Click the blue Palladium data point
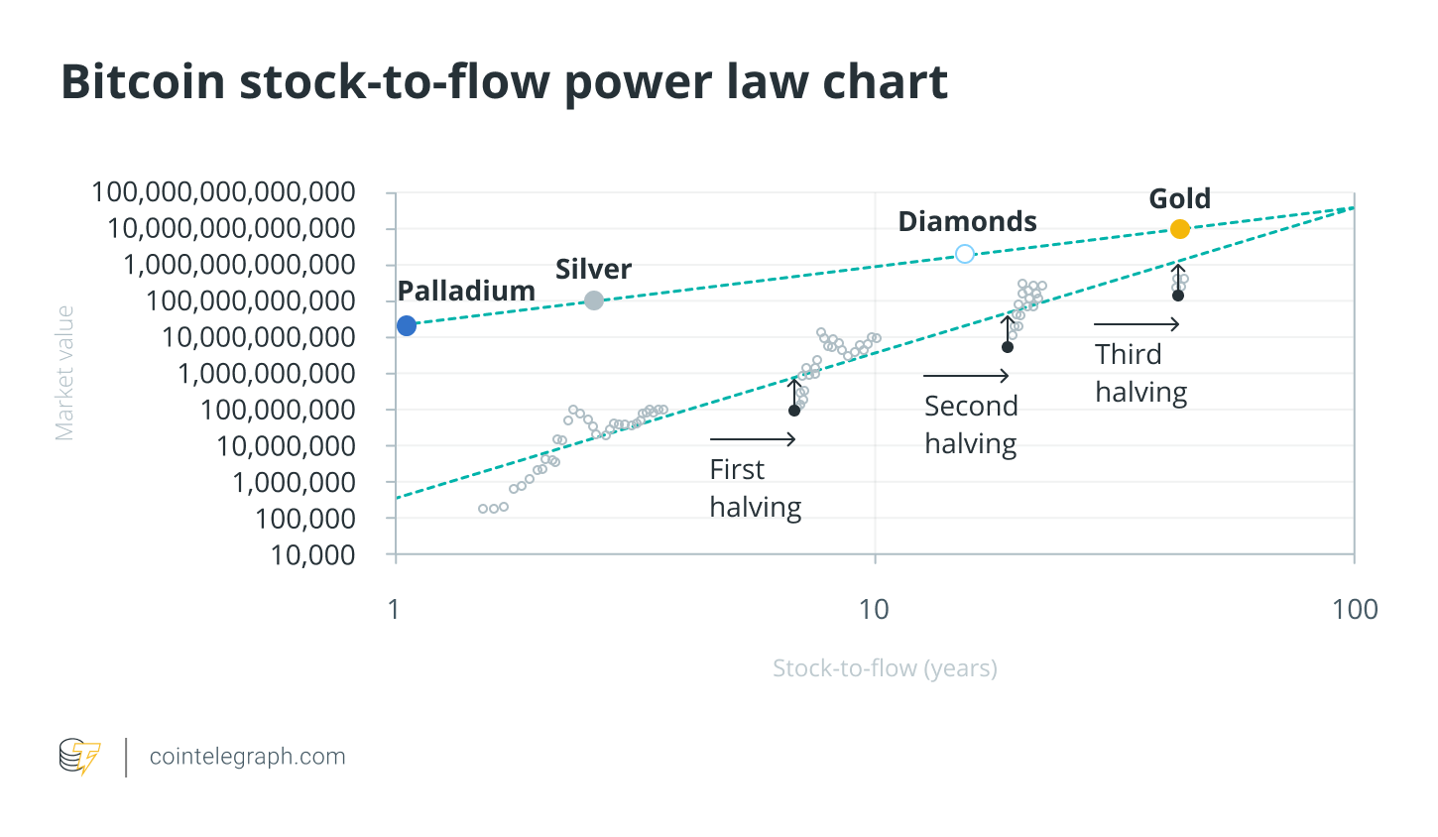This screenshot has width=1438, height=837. [407, 325]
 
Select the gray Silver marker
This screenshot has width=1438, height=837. [593, 300]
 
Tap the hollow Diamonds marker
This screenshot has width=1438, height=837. [964, 254]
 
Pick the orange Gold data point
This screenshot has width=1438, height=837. [1179, 229]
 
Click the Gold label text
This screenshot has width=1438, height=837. [1179, 198]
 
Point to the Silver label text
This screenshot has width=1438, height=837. [593, 269]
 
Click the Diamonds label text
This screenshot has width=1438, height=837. [967, 221]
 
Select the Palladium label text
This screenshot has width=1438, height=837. [466, 291]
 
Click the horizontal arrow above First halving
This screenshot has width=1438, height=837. [753, 439]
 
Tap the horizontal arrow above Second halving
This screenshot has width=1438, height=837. [966, 376]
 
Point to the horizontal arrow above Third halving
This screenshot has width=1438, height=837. [1137, 324]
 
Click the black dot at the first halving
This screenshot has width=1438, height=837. [794, 411]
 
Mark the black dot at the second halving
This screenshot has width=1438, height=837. [1008, 347]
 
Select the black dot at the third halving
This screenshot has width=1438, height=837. [1178, 296]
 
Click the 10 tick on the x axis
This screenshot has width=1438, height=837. [874, 609]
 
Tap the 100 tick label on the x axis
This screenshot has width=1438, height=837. [1355, 609]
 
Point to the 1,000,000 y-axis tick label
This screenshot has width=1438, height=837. [294, 483]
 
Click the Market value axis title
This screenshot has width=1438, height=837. [65, 373]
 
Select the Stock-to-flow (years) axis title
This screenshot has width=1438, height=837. [885, 668]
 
